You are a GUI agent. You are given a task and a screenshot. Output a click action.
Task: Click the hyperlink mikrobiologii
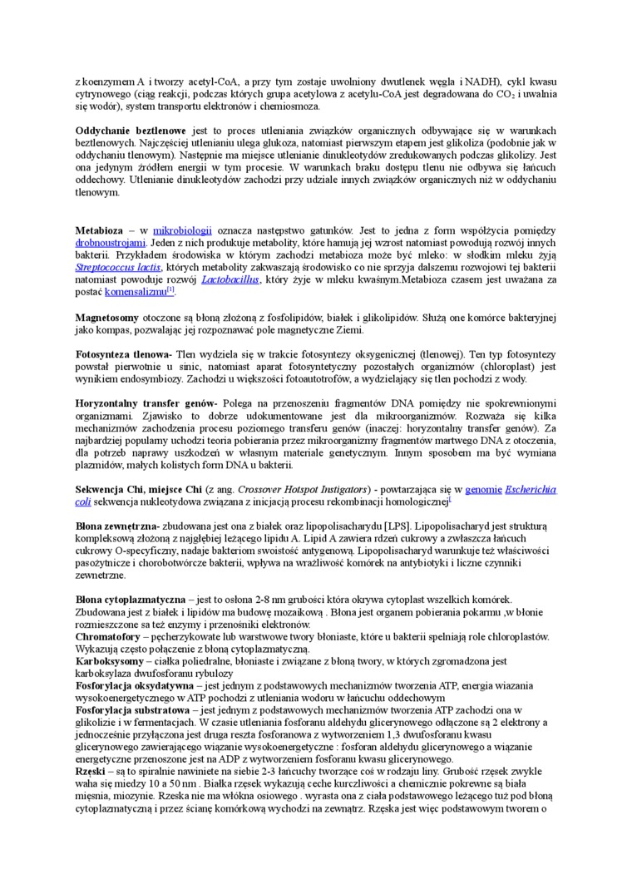pos(183,230)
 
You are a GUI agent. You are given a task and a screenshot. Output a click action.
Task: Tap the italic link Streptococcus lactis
pos(117,268)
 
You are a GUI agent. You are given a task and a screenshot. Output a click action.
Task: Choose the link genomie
pos(483,490)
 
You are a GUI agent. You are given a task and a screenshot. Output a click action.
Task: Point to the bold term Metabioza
pos(99,230)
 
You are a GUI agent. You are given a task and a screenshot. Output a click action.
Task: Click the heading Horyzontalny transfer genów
pos(146,403)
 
